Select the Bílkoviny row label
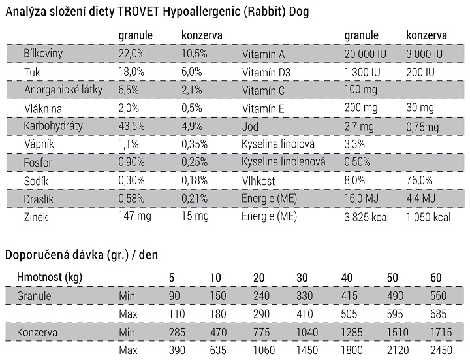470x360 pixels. pos(43,54)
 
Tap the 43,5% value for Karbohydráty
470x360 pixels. pos(131,126)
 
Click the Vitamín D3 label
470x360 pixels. pos(266,73)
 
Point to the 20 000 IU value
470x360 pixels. pos(365,54)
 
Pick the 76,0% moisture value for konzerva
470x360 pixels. pos(419,180)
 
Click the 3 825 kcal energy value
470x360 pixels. pos(366,217)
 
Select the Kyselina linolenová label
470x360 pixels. pos(283,162)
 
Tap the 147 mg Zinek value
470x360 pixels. pos(134,216)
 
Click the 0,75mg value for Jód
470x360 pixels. pos(422,127)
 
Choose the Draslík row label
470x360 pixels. pos(39,199)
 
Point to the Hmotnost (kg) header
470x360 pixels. pos(50,277)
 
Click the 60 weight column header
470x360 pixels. pos(436,278)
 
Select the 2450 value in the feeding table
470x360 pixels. pos(441,350)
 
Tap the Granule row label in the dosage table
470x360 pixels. pos(34,296)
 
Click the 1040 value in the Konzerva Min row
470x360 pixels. pos(307,333)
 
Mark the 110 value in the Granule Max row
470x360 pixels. pos(177,314)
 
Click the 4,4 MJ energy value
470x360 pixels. pos(421,199)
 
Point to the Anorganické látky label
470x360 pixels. pos(63,90)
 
